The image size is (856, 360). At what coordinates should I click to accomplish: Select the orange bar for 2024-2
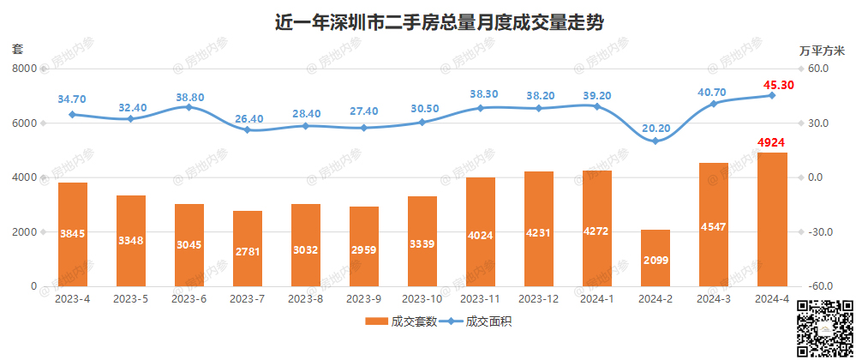[x=655, y=258]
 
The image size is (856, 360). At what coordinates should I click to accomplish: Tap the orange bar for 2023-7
[x=248, y=249]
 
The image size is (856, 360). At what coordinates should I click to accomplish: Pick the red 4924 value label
[x=772, y=142]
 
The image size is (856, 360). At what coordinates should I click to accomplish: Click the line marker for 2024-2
[x=655, y=141]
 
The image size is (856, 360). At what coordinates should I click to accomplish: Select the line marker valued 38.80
[x=189, y=107]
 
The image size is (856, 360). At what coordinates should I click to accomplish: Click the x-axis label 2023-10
[x=422, y=299]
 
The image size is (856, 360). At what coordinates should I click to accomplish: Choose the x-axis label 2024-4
[x=772, y=299]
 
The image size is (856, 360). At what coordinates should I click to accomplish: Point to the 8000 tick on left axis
[x=26, y=69]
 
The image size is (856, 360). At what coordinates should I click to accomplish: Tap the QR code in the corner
[x=824, y=329]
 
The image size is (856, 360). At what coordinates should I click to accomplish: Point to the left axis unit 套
[x=17, y=50]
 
